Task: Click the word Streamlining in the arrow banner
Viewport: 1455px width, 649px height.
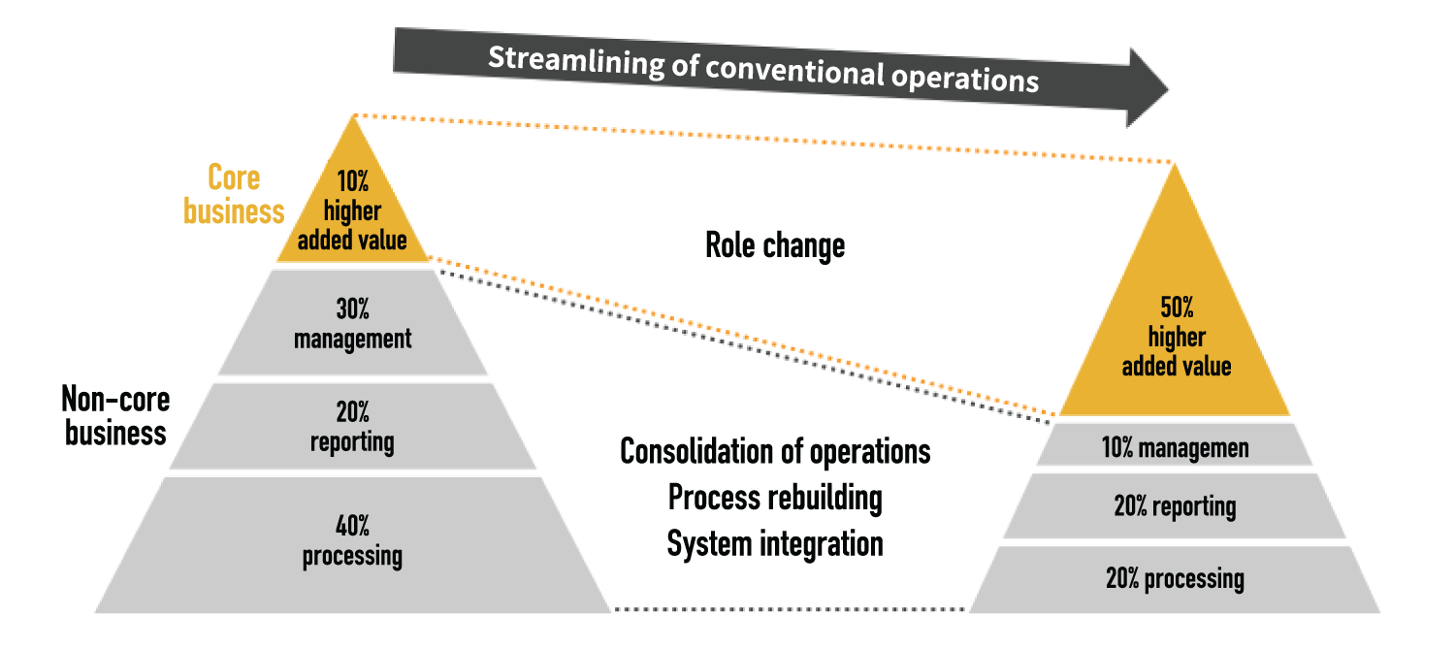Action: [576, 61]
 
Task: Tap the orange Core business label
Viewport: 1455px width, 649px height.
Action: [234, 194]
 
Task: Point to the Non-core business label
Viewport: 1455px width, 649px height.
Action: [115, 416]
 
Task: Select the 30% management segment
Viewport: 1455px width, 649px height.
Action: [353, 322]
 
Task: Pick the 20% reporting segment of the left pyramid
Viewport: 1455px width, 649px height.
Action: [353, 426]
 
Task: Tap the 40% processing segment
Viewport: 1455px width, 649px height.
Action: [353, 544]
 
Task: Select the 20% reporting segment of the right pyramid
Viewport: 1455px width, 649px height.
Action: [1175, 505]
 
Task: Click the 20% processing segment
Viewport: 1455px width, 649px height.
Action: [1175, 579]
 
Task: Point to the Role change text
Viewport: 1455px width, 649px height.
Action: [775, 245]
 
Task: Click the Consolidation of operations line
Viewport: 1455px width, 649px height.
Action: [775, 451]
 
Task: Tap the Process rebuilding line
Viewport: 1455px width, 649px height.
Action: [775, 499]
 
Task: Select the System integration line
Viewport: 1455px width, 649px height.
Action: [775, 544]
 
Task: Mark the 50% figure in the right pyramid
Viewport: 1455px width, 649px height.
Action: [1177, 308]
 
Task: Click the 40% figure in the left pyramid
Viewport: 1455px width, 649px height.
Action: [353, 526]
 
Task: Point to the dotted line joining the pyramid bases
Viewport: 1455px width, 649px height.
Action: [790, 609]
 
